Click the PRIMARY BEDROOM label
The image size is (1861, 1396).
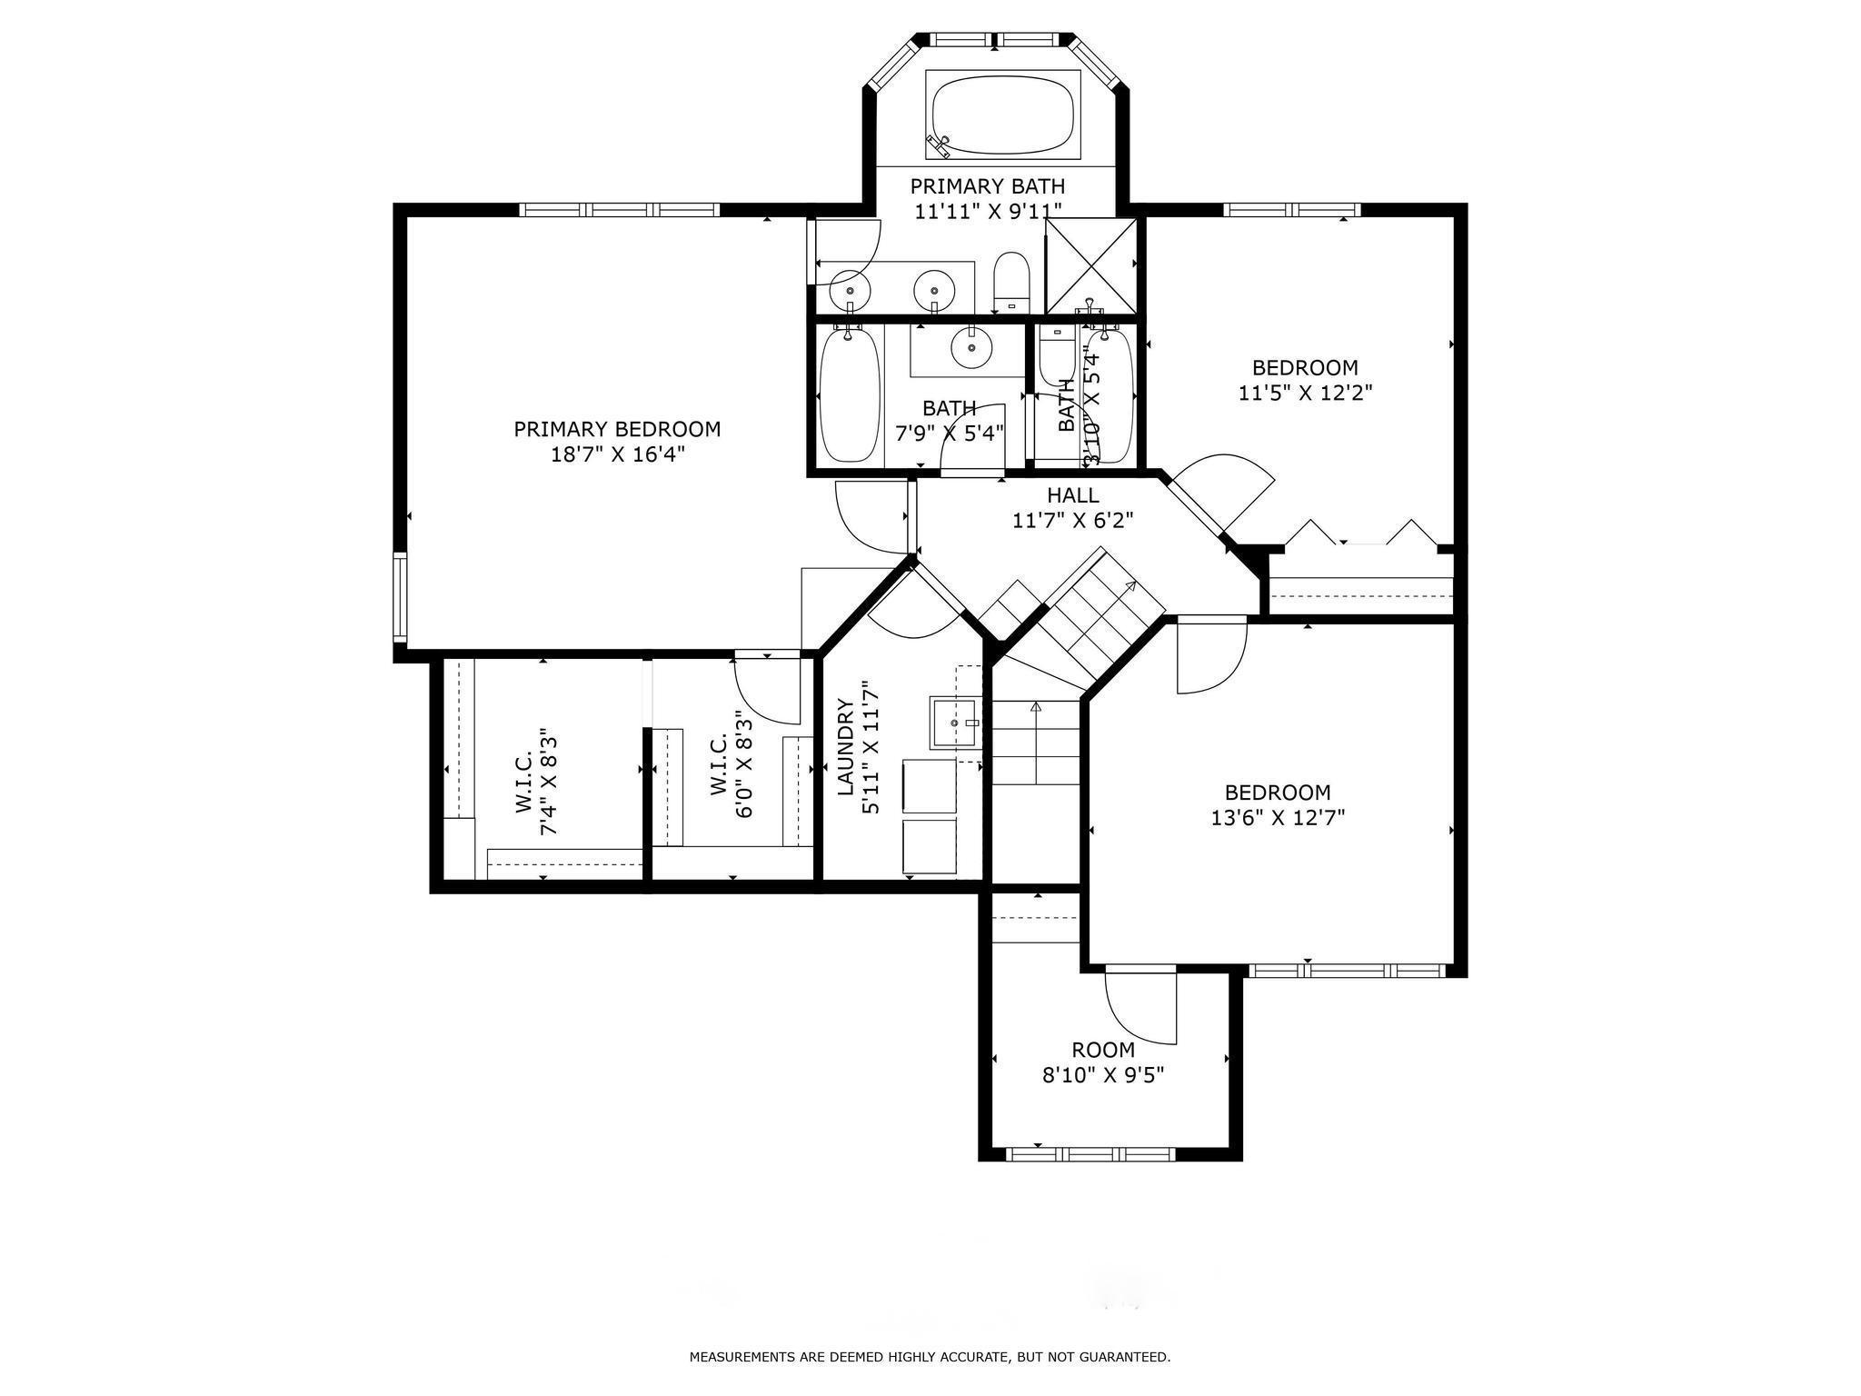pyautogui.click(x=617, y=429)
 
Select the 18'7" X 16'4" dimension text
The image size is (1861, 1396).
pyautogui.click(x=617, y=454)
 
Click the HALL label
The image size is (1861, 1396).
pyautogui.click(x=1073, y=495)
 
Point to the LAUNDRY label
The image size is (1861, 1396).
pyautogui.click(x=845, y=747)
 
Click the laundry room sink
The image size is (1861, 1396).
pyautogui.click(x=955, y=723)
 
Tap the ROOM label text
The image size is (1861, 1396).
pyautogui.click(x=1102, y=1051)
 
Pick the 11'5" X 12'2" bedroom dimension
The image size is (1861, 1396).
pyautogui.click(x=1305, y=393)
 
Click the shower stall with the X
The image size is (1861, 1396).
pyautogui.click(x=1091, y=265)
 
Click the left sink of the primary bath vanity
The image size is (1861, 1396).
pyautogui.click(x=850, y=288)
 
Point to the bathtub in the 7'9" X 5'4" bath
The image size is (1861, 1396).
pyautogui.click(x=851, y=395)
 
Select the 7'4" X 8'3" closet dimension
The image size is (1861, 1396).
pyautogui.click(x=548, y=781)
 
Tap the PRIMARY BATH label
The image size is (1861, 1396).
pyautogui.click(x=988, y=186)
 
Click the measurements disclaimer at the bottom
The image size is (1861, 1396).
pyautogui.click(x=930, y=1358)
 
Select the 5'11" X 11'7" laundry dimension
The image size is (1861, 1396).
pyautogui.click(x=870, y=747)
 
